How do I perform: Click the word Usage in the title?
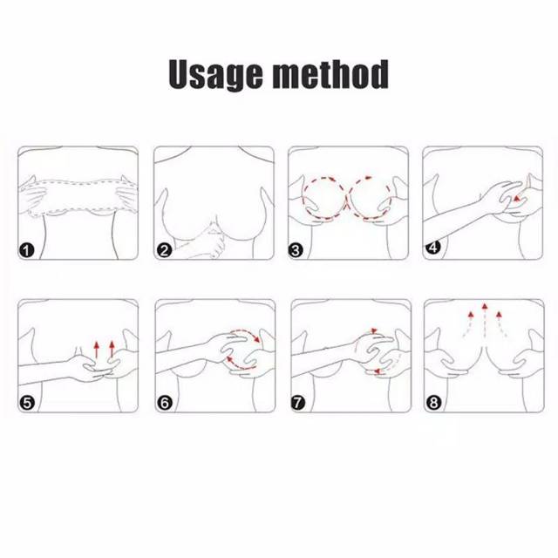pyautogui.click(x=215, y=74)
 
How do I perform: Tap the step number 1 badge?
pyautogui.click(x=26, y=250)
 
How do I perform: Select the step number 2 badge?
pyautogui.click(x=164, y=250)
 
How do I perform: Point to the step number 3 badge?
pyautogui.click(x=296, y=250)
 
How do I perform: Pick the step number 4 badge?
pyautogui.click(x=433, y=247)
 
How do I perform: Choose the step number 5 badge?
pyautogui.click(x=27, y=403)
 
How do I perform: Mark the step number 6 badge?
pyautogui.click(x=165, y=403)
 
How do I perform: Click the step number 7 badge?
pyautogui.click(x=298, y=403)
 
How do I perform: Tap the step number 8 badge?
pyautogui.click(x=433, y=403)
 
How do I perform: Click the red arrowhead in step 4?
pyautogui.click(x=517, y=198)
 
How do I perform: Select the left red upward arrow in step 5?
pyautogui.click(x=97, y=350)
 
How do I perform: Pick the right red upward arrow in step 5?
pyautogui.click(x=112, y=349)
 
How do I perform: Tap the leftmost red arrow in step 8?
pyautogui.click(x=467, y=323)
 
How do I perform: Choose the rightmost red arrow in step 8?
pyautogui.click(x=502, y=323)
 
